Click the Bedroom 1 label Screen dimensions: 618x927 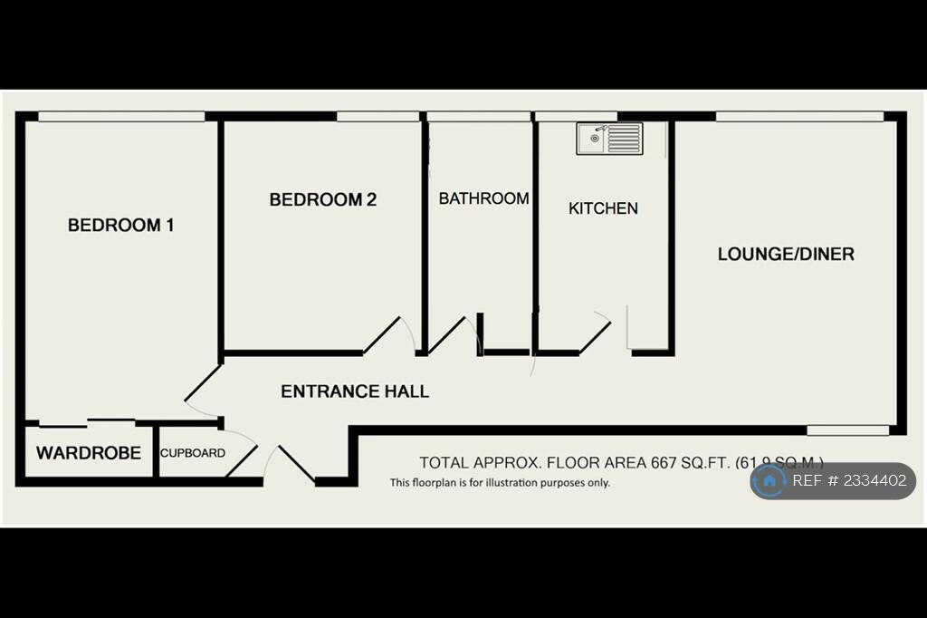coord(120,225)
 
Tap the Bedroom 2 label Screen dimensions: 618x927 coord(322,199)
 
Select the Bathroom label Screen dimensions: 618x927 coord(483,198)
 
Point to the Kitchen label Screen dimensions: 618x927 coord(603,208)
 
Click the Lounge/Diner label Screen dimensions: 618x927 coord(786,254)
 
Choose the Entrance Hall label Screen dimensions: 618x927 coord(355,391)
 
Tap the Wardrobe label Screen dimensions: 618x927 coord(88,452)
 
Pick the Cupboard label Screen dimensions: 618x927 coord(193,453)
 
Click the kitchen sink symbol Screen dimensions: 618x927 coord(609,139)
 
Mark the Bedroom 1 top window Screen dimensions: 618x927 coord(121,116)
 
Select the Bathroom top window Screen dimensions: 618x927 coord(478,116)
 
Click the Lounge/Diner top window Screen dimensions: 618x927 coord(799,116)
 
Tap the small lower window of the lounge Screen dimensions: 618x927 coord(848,430)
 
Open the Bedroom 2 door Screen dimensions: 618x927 coord(382,335)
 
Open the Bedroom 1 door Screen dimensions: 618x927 coord(203,383)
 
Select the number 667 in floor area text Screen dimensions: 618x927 coord(665,462)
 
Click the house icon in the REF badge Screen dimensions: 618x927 coord(769,481)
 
